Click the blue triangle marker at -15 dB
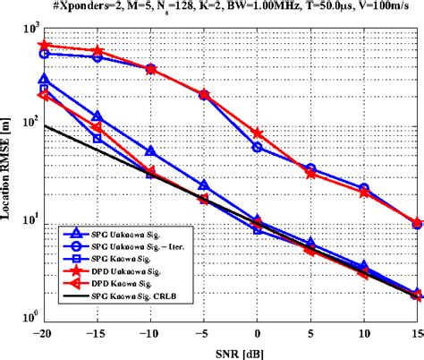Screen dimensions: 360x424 pos(98,116)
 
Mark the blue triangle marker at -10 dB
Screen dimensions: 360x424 pos(150,151)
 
